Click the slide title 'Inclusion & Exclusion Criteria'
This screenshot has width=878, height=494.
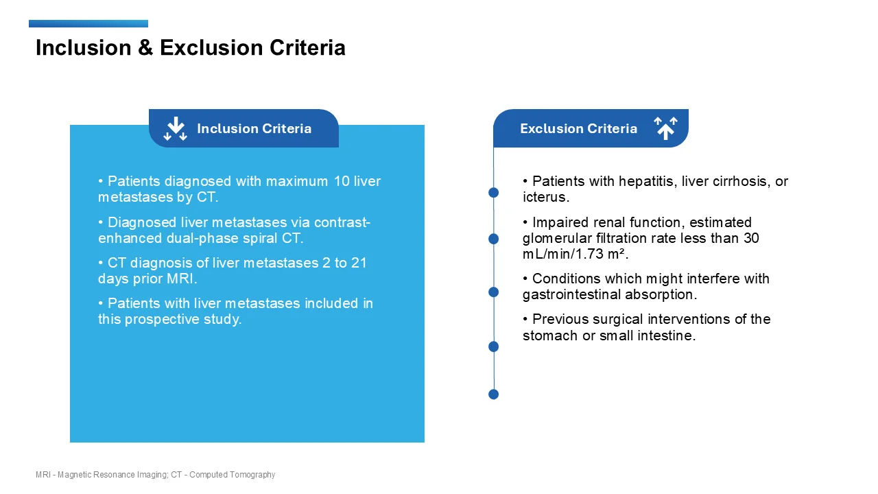coord(190,48)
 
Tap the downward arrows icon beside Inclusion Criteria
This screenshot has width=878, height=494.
coord(176,129)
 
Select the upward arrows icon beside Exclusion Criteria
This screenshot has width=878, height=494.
coord(665,128)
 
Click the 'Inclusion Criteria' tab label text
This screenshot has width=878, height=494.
coord(254,129)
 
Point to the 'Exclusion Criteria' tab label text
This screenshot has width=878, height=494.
coord(578,129)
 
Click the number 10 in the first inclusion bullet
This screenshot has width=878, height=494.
coord(342,182)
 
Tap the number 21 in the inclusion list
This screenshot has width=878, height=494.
coord(359,263)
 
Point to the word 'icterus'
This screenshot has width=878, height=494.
coord(544,198)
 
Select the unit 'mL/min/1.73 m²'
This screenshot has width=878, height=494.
coord(574,255)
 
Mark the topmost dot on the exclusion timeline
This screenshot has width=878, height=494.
coord(493,193)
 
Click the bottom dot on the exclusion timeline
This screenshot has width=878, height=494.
coord(493,395)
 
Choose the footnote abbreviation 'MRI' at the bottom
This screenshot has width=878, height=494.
coord(43,475)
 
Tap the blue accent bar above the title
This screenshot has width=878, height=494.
coord(88,24)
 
